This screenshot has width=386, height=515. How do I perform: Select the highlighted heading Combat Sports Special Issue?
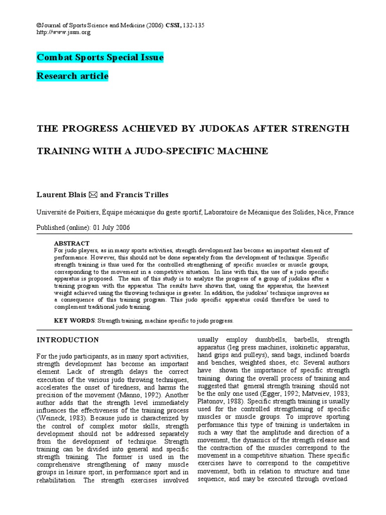click(100, 57)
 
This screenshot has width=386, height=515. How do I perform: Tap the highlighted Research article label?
click(72, 76)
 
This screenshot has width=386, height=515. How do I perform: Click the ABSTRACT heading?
click(71, 243)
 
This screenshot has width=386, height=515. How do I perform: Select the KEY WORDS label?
click(74, 320)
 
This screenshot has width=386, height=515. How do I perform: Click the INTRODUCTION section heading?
click(68, 339)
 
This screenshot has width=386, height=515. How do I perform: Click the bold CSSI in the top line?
click(172, 26)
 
